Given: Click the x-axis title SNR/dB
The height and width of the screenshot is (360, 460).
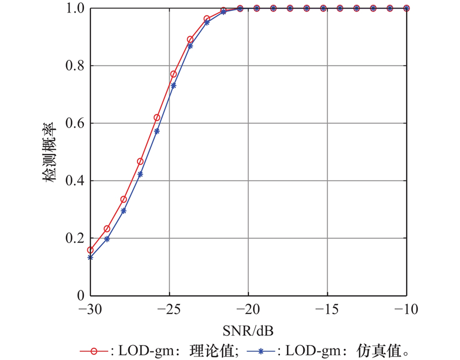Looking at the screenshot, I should (248, 331).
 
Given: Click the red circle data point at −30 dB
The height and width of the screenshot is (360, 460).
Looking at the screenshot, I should (90, 250).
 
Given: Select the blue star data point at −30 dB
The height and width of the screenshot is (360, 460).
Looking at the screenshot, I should (90, 258).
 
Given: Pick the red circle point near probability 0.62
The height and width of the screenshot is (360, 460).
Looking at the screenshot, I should (157, 118).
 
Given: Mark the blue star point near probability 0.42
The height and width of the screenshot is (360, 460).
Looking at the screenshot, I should (140, 174).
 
